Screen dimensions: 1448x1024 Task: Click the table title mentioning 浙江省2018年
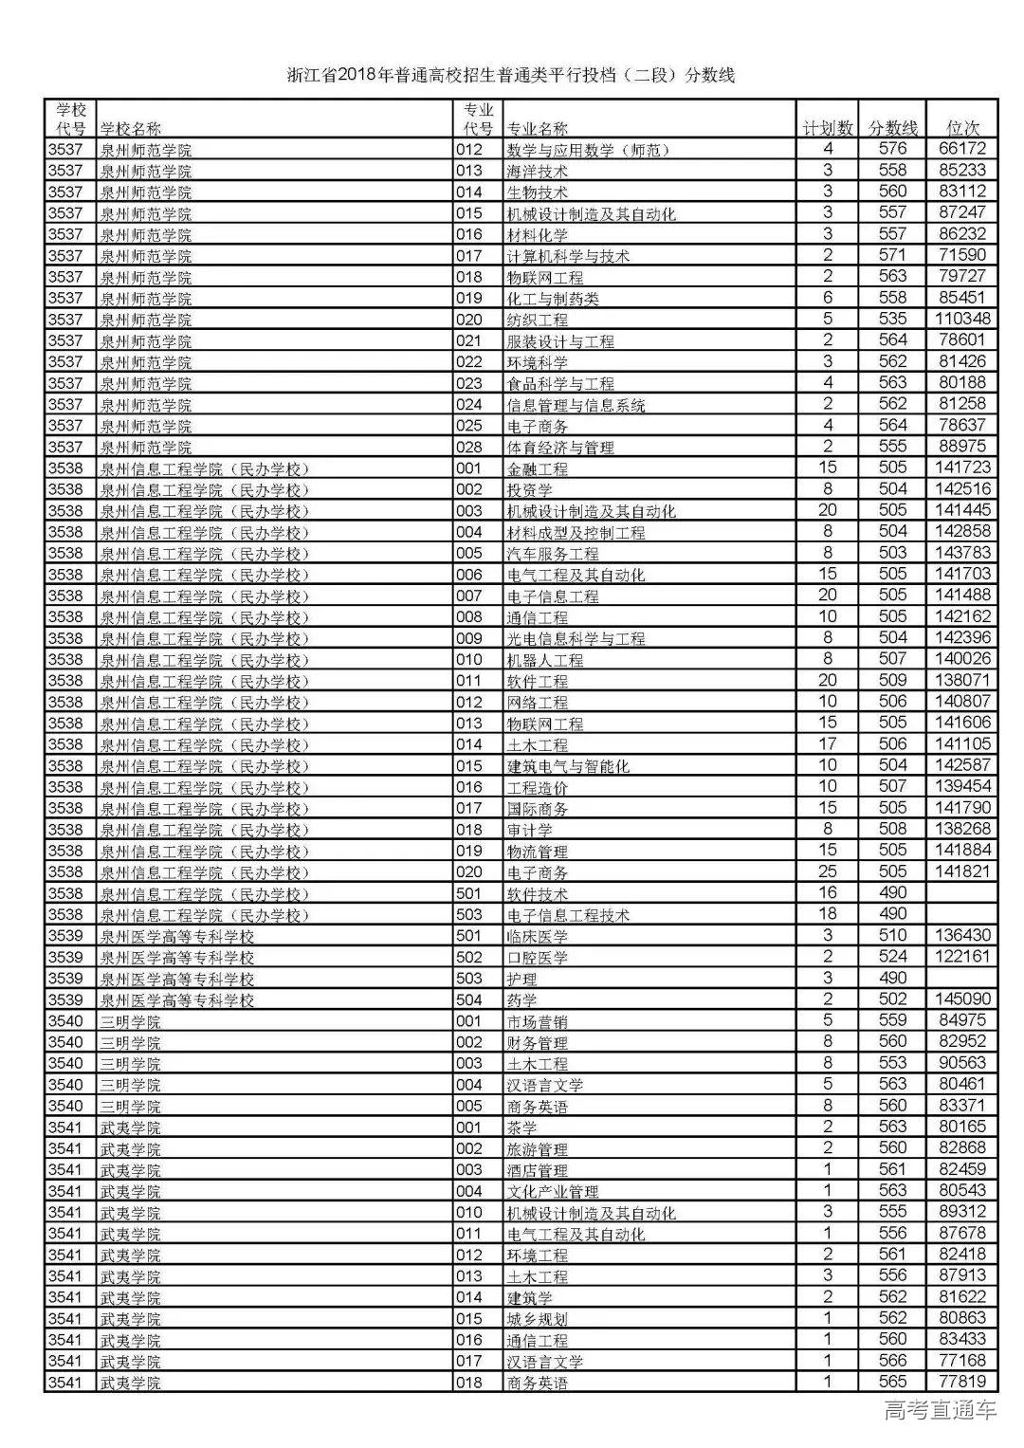pos(511,75)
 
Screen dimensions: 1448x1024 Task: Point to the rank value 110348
pos(963,319)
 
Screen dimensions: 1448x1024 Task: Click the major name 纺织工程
pos(538,320)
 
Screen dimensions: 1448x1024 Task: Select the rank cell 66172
pos(963,149)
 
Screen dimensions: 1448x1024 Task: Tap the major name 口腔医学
pos(538,957)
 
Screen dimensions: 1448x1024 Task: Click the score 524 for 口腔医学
pos(892,956)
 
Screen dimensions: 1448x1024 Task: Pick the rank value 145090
pos(963,999)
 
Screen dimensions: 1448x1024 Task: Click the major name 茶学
pos(522,1127)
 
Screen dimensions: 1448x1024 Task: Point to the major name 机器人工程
pos(545,660)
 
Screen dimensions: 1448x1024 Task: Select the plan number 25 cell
pos(828,871)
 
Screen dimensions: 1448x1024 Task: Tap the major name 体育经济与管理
pos(560,447)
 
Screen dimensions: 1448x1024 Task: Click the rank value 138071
pos(963,680)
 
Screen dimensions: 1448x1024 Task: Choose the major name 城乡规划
pos(538,1318)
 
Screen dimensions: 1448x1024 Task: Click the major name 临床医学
pos(538,936)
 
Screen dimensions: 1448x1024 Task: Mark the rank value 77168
pos(963,1360)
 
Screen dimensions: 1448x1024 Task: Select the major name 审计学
pos(530,830)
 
